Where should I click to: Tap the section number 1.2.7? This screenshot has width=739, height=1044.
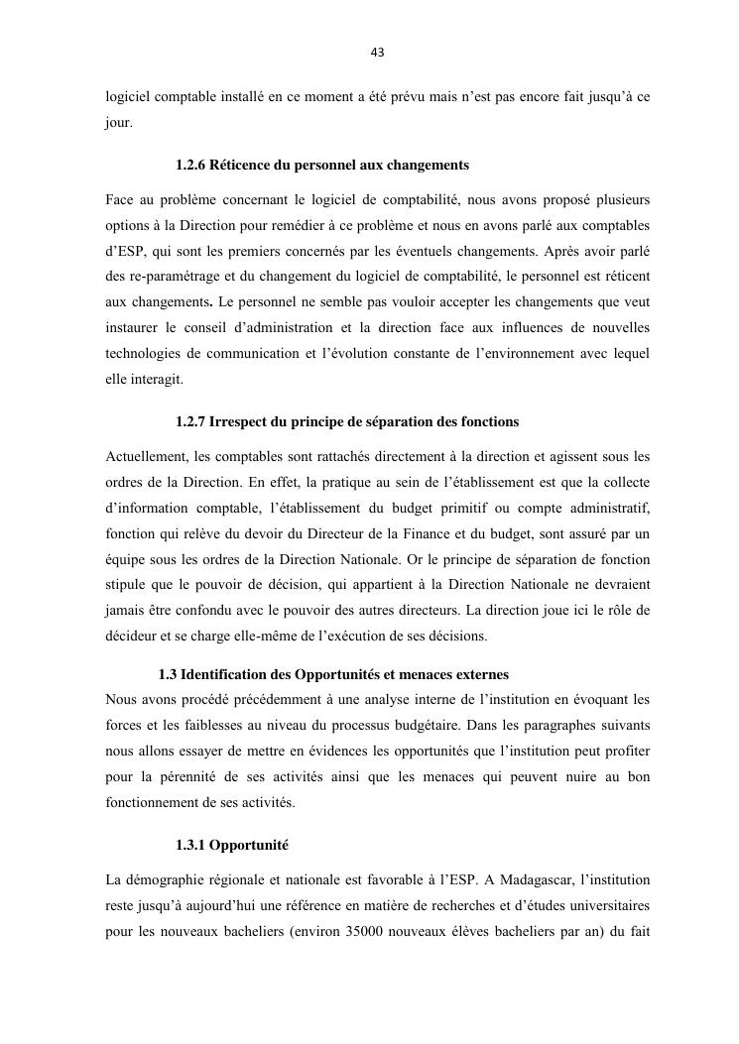point(190,421)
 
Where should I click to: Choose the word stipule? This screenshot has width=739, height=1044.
point(128,585)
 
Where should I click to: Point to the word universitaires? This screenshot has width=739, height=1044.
point(602,905)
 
